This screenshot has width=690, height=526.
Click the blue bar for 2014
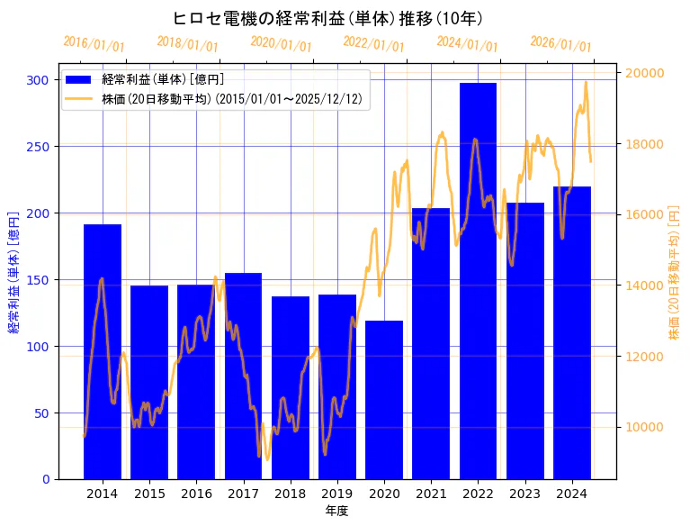(103, 351)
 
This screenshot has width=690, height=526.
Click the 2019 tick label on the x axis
(337, 494)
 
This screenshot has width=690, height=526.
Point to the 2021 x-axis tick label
(431, 494)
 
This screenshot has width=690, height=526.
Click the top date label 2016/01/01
(94, 44)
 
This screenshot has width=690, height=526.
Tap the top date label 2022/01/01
(374, 44)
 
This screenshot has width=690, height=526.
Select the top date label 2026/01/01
(561, 44)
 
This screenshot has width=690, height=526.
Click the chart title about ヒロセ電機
(328, 19)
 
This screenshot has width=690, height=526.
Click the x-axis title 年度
(336, 511)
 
